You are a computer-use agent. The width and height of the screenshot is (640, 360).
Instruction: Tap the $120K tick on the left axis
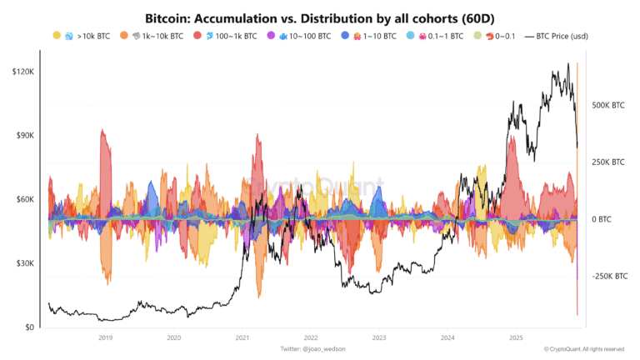(23, 72)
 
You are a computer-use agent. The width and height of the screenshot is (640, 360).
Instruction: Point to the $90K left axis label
(24, 136)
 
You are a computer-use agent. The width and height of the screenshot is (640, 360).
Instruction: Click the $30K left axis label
(24, 263)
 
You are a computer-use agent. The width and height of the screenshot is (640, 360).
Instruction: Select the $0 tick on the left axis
(28, 327)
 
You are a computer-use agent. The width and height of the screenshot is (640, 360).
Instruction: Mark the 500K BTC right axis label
(607, 106)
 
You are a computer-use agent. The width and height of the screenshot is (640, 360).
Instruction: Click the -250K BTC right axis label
(609, 276)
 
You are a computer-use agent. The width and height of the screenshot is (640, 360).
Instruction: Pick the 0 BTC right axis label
(601, 219)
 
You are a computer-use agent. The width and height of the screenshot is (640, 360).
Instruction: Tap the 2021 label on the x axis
(242, 338)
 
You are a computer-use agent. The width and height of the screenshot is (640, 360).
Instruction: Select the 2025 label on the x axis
(516, 338)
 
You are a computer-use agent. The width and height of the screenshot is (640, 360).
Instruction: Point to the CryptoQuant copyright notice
(583, 348)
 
